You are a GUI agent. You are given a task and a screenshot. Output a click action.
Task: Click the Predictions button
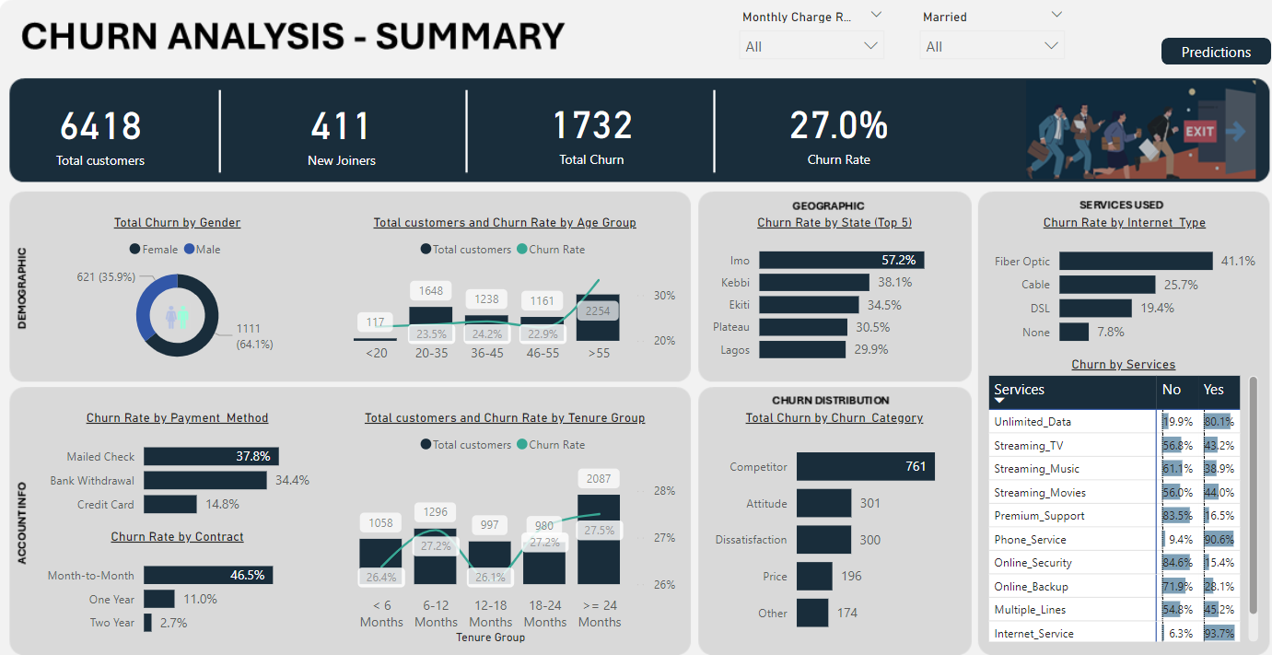1216,53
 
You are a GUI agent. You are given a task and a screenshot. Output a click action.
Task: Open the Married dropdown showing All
992,46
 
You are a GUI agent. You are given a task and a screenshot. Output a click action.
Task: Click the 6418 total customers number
100,126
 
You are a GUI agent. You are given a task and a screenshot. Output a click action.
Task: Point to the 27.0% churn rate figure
838,126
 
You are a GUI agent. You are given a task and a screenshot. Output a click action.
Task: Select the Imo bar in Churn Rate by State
842,261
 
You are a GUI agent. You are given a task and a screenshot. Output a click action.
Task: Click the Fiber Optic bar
1136,261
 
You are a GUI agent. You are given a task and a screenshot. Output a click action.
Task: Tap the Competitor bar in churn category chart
865,466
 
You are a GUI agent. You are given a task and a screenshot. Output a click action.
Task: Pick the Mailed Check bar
211,456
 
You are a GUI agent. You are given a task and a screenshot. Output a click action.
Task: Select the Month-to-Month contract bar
208,575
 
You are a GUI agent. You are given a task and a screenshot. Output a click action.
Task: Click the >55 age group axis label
599,353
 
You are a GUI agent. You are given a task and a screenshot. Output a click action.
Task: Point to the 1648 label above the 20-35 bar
431,291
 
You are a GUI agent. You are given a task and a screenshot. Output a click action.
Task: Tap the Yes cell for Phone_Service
1219,540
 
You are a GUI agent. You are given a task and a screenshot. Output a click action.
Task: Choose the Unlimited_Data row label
1033,422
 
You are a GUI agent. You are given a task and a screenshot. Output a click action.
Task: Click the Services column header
1020,390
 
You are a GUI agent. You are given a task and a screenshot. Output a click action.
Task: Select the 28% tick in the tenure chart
663,490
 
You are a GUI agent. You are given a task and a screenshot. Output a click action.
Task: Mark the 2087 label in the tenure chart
599,479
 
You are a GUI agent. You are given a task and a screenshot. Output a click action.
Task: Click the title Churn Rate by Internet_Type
1124,223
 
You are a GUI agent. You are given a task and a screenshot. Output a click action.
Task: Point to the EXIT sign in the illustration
1199,132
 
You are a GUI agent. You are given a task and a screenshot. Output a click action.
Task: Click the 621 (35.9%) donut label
106,276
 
